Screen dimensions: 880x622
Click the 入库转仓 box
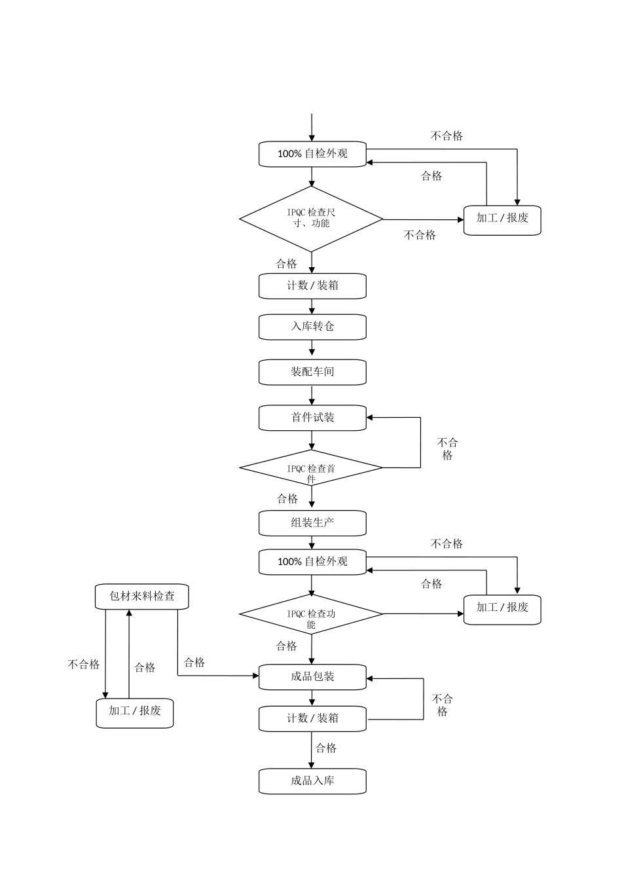coord(312,327)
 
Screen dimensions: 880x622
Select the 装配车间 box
coord(312,372)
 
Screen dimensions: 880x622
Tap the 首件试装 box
coord(312,418)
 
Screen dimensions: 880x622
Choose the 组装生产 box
coord(312,523)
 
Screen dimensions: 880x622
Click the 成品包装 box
coord(312,676)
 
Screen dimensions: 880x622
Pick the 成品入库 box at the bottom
coord(312,781)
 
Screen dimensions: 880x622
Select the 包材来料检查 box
coord(141,596)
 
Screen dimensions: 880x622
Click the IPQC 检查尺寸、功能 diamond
coord(311,219)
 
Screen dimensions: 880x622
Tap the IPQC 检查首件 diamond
coord(311,468)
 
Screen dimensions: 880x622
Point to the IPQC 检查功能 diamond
coord(311,614)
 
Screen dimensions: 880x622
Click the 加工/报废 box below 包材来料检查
coord(134,712)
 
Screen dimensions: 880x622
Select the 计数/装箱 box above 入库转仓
coord(312,286)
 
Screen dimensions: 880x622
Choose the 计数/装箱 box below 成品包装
coord(312,718)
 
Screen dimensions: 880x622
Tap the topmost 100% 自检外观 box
coord(312,154)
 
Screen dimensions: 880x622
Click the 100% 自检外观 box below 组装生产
coord(312,562)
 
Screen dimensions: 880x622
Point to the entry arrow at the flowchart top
coord(312,127)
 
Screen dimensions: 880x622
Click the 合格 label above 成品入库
coord(326,748)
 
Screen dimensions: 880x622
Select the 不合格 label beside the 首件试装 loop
coord(447,449)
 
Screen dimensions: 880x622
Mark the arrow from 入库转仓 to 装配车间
coord(312,349)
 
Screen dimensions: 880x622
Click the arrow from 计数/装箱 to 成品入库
coord(312,750)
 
